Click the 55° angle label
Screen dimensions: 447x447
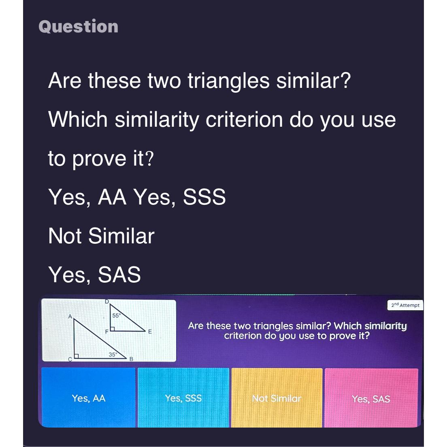(115, 315)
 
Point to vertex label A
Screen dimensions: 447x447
(70, 316)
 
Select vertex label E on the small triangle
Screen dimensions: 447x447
(149, 332)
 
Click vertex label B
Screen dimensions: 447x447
(131, 359)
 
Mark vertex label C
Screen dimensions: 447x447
(70, 359)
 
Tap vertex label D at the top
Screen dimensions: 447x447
(107, 302)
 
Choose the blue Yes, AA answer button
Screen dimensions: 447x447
(88, 398)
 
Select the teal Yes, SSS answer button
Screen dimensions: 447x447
(183, 398)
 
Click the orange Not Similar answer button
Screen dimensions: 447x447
(277, 398)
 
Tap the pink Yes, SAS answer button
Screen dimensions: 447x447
(371, 399)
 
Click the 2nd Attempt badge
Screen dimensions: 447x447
(405, 305)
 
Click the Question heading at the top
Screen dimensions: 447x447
(79, 27)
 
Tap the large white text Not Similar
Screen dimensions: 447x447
(101, 236)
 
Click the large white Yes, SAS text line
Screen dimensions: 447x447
(95, 275)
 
